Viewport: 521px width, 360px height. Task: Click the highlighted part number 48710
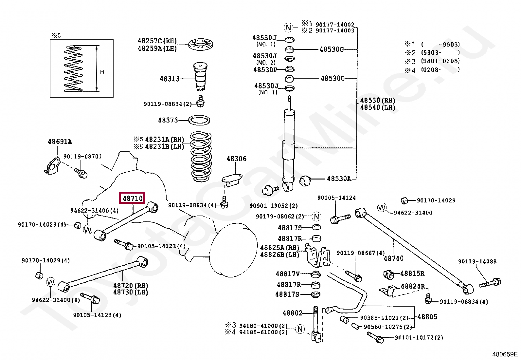132,198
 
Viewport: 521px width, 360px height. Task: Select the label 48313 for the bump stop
170,79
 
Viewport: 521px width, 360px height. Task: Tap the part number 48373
168,120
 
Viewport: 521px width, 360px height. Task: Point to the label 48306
236,159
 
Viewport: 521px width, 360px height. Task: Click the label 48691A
60,142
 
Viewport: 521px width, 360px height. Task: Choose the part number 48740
394,258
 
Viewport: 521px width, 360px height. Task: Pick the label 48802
292,313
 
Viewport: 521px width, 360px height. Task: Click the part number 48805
427,317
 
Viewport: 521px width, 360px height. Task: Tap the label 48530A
339,179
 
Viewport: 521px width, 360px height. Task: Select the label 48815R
412,274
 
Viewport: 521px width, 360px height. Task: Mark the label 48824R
413,286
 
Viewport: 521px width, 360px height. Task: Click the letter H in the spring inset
102,72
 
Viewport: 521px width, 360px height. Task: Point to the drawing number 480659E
505,354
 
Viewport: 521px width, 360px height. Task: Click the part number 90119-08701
82,157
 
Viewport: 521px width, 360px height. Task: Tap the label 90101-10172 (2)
419,338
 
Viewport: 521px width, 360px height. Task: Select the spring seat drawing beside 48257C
201,44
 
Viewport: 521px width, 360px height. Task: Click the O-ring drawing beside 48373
199,120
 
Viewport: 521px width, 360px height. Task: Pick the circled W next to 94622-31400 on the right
382,207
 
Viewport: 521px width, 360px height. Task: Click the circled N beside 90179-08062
316,217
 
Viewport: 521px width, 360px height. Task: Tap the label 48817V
288,274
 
